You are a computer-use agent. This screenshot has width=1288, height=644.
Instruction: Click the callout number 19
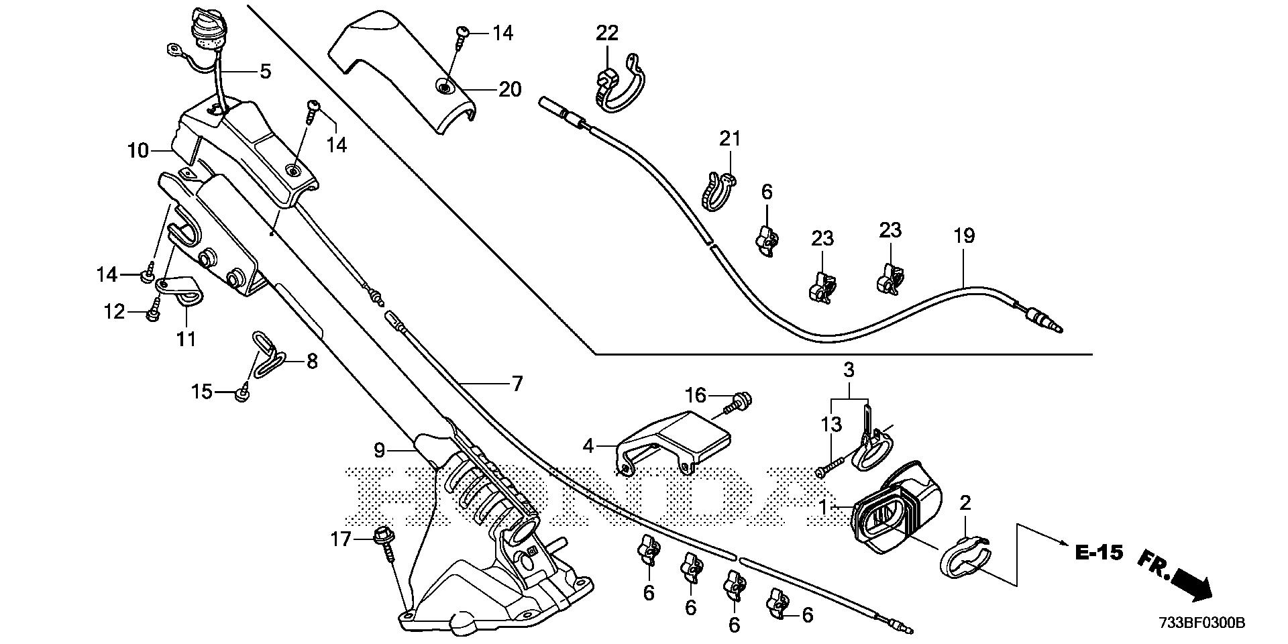[x=963, y=236]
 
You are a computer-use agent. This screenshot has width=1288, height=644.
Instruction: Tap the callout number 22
[x=607, y=32]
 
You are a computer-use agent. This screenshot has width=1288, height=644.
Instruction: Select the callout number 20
[x=510, y=89]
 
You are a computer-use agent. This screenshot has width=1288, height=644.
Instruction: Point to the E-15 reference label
[x=1099, y=553]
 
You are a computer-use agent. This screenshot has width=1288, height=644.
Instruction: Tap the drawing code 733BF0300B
[x=1201, y=623]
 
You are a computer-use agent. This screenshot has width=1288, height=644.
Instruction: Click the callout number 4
[x=588, y=445]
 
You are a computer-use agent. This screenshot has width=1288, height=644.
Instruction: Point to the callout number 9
[x=380, y=449]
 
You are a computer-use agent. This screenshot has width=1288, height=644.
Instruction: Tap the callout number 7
[x=517, y=384]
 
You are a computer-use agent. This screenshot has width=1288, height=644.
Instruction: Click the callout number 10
[x=138, y=150]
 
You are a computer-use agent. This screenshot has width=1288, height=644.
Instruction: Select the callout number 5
[x=266, y=71]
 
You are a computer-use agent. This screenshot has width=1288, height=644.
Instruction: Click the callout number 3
[x=849, y=370]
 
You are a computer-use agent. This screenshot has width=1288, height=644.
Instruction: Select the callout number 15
[x=202, y=392]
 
